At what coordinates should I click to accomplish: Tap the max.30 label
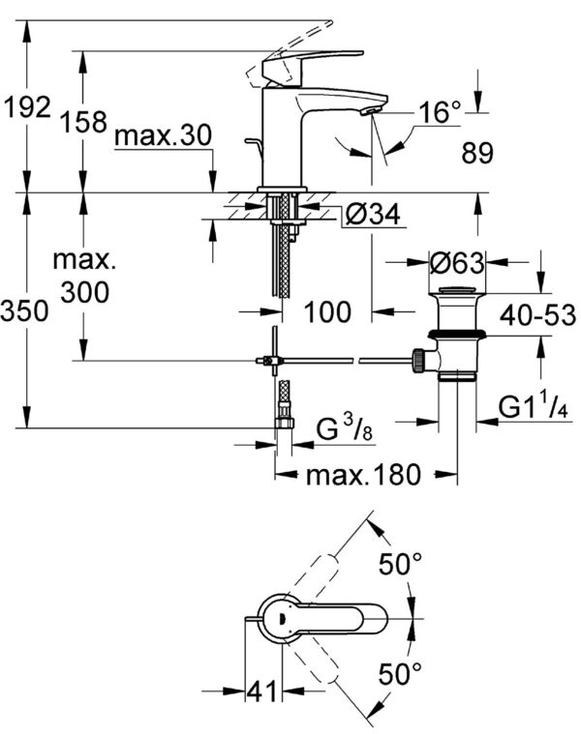pyautogui.click(x=162, y=136)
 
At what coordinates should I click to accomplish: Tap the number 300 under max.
pyautogui.click(x=84, y=291)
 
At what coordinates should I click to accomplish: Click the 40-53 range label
pyautogui.click(x=538, y=314)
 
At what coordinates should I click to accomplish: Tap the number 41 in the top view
pyautogui.click(x=259, y=691)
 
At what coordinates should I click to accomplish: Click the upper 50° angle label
pyautogui.click(x=400, y=565)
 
